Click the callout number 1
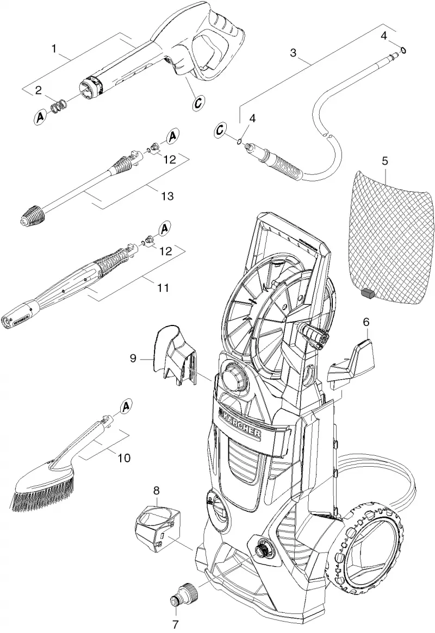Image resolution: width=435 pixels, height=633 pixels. (54, 49)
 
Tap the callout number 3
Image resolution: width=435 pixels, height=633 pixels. (293, 53)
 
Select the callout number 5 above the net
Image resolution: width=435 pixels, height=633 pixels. (385, 161)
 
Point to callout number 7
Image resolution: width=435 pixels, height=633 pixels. (175, 624)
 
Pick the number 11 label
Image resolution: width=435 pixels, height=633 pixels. (163, 288)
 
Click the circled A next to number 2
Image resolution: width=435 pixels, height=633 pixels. (40, 117)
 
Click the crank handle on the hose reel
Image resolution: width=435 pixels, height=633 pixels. (315, 335)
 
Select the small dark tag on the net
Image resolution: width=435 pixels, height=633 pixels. (367, 293)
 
